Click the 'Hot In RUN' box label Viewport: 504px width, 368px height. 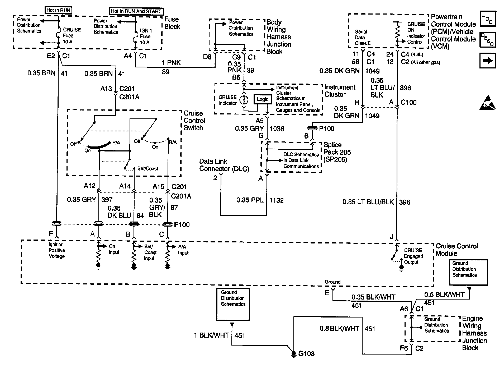(59, 10)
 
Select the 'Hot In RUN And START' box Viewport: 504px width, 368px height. (136, 11)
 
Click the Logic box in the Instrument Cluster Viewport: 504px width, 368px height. (263, 99)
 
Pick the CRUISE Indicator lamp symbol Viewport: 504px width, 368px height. (244, 100)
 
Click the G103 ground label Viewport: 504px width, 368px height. (306, 353)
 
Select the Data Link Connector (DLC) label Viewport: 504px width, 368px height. (224, 165)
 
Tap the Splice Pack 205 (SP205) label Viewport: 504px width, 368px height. (337, 152)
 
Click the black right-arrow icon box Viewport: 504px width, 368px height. (487, 61)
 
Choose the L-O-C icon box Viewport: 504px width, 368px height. (487, 19)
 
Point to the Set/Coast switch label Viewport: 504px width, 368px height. (148, 168)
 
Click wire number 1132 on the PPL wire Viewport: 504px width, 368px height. (276, 200)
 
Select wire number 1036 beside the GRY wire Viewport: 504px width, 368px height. (277, 128)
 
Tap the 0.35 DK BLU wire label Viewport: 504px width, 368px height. (119, 212)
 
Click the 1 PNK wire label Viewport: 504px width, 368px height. (171, 63)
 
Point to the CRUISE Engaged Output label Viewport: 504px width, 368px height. (413, 256)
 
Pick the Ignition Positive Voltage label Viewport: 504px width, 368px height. (56, 250)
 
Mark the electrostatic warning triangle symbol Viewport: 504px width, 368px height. (487, 103)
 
